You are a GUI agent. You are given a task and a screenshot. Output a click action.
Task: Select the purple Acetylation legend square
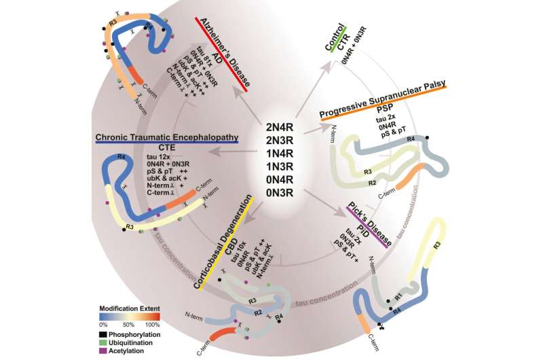click(x=102, y=350)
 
